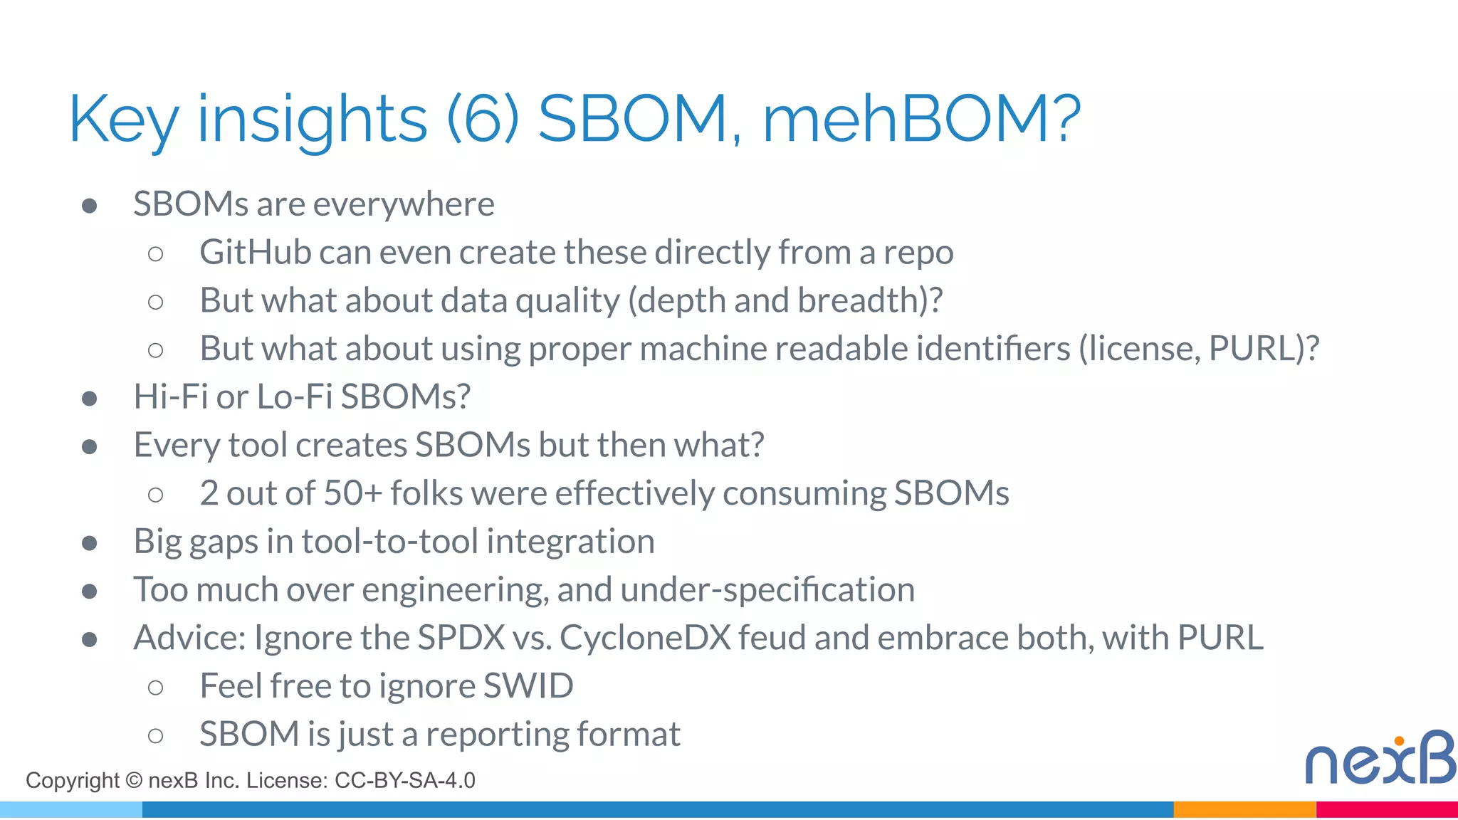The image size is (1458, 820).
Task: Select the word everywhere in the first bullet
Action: [404, 205]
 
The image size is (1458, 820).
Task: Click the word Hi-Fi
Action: [171, 396]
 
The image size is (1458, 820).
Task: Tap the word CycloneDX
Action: [645, 638]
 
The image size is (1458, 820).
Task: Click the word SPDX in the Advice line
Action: [461, 638]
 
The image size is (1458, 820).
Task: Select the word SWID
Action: [528, 686]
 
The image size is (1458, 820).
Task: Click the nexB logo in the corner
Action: [1380, 759]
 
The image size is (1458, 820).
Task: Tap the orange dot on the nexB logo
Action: [1399, 741]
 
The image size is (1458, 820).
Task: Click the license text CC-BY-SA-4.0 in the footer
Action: [404, 781]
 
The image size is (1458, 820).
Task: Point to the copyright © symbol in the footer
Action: [134, 781]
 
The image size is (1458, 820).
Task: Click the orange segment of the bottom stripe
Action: [1244, 810]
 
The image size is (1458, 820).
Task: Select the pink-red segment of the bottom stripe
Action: [1386, 810]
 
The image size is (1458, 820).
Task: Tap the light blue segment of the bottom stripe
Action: [71, 810]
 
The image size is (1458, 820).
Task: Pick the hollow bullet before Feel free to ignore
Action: [155, 688]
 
